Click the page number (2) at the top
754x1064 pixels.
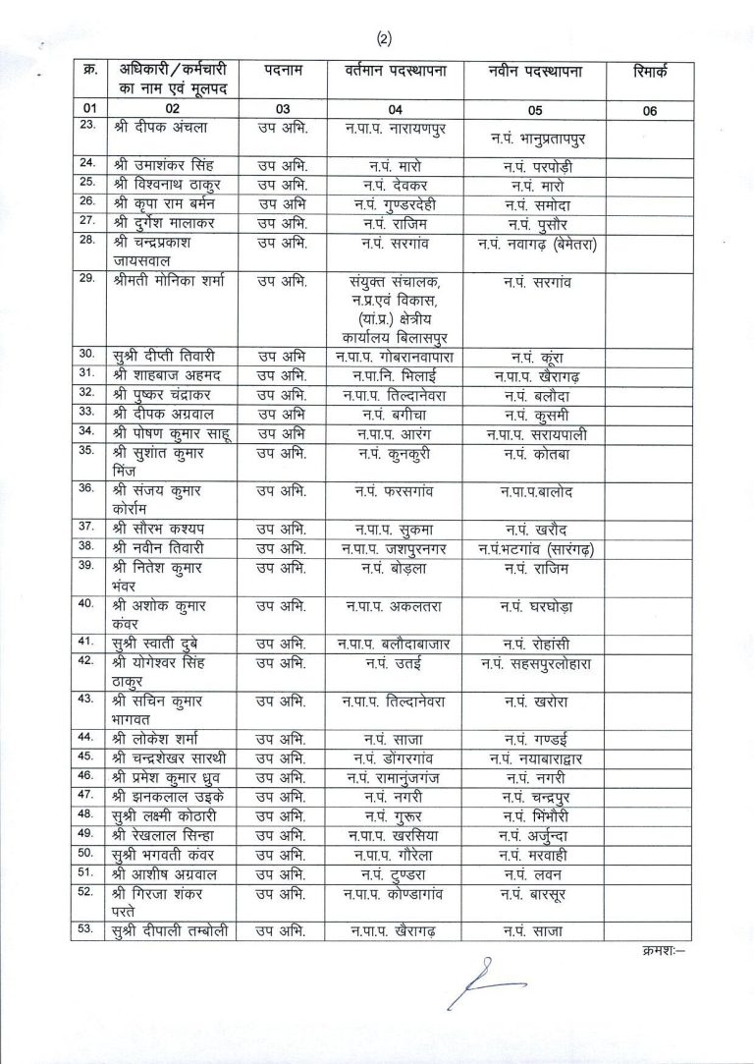[x=384, y=39]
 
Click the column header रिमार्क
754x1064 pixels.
[x=649, y=72]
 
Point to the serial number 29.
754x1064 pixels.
[x=87, y=280]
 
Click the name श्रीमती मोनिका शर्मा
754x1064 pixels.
[x=169, y=282]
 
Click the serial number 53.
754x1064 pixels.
[x=87, y=929]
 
